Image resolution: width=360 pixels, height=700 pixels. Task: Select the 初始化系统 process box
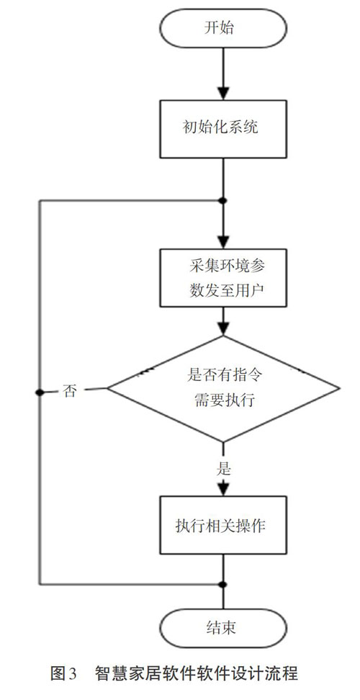pos(222,129)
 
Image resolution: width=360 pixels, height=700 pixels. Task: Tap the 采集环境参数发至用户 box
pos(222,278)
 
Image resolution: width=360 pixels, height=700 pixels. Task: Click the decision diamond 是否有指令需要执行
pos(222,388)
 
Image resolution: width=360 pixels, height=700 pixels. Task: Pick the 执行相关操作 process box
pos(222,526)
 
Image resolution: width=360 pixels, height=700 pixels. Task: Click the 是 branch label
pos(223,470)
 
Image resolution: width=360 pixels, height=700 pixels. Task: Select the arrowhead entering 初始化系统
pos(222,92)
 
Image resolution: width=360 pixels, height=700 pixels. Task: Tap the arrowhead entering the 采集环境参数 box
pos(222,241)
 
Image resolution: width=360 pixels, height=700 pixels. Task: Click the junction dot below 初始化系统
pos(223,200)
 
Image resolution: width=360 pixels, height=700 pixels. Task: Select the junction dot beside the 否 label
pos(40,392)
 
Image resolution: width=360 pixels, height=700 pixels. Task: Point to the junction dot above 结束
pos(223,584)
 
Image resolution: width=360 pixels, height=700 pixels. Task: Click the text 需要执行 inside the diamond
pos(225,400)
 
